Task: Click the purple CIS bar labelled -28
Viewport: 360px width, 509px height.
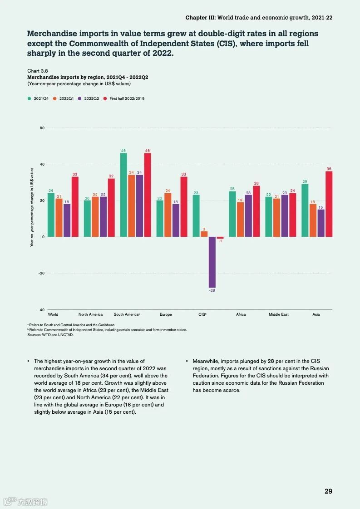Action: tap(212, 262)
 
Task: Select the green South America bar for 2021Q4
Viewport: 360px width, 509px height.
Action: tap(123, 195)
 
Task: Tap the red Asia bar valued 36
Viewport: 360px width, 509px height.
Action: tap(329, 204)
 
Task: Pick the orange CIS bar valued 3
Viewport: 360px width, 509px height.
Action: tap(204, 234)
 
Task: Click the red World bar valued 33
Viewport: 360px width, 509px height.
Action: tap(75, 206)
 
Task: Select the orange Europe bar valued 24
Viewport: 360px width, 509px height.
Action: tap(168, 215)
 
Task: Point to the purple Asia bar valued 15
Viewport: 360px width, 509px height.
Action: tap(321, 223)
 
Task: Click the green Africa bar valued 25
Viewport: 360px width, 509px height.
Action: tap(232, 214)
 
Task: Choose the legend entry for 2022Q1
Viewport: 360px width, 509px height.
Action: tap(66, 98)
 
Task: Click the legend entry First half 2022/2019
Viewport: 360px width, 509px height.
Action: tap(127, 98)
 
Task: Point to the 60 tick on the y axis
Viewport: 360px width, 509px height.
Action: tap(42, 128)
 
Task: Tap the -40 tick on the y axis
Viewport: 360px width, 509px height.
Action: tap(41, 309)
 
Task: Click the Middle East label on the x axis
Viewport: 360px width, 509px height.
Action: tap(278, 314)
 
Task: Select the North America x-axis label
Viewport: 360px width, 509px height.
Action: tap(90, 314)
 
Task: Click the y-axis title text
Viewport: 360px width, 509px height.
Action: tap(32, 206)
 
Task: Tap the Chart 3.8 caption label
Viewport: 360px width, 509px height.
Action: tap(37, 71)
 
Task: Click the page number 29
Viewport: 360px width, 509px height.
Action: tap(328, 491)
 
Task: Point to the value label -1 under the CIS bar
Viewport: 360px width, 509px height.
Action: tap(220, 241)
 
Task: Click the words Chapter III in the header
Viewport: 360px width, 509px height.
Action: tap(200, 17)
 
